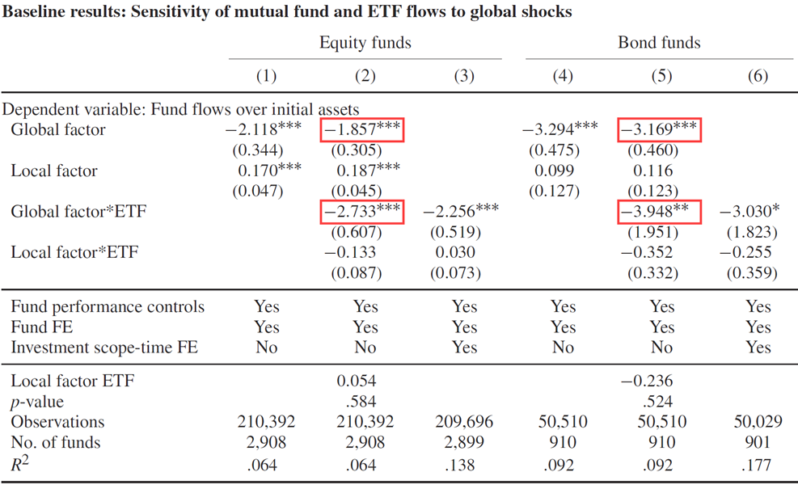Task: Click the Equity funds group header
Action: pyautogui.click(x=365, y=42)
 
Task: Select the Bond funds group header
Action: pyautogui.click(x=659, y=42)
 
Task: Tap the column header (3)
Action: pyautogui.click(x=464, y=76)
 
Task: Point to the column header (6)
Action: pyautogui.click(x=758, y=76)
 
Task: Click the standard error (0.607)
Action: pyautogui.click(x=357, y=232)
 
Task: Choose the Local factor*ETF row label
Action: pyautogui.click(x=74, y=252)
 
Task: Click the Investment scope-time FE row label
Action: pyautogui.click(x=104, y=347)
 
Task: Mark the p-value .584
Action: pyautogui.click(x=361, y=402)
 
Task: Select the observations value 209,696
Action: pyautogui.click(x=464, y=421)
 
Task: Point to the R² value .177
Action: pyautogui.click(x=758, y=465)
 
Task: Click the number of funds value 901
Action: pyautogui.click(x=758, y=442)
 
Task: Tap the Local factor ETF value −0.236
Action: pyautogui.click(x=647, y=381)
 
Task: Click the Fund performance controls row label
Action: pyautogui.click(x=108, y=306)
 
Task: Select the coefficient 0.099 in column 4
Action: pyautogui.click(x=554, y=171)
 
